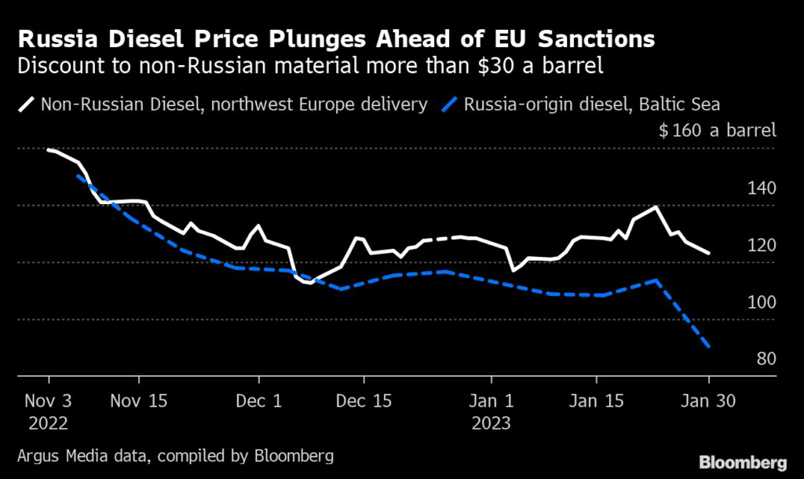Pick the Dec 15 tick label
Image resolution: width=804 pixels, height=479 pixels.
(364, 400)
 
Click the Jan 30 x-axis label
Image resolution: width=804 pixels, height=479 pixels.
(708, 400)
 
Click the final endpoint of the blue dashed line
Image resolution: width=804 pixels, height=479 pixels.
(709, 346)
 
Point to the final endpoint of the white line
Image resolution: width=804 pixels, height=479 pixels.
(709, 253)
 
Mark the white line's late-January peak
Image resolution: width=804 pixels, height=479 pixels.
(656, 207)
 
